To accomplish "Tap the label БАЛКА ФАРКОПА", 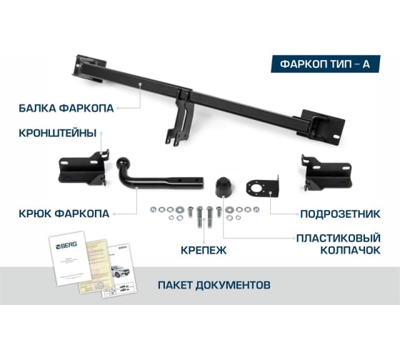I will pos(68,109).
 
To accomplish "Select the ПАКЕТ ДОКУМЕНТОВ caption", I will pos(214,284).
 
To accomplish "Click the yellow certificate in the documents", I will pos(93,261).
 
